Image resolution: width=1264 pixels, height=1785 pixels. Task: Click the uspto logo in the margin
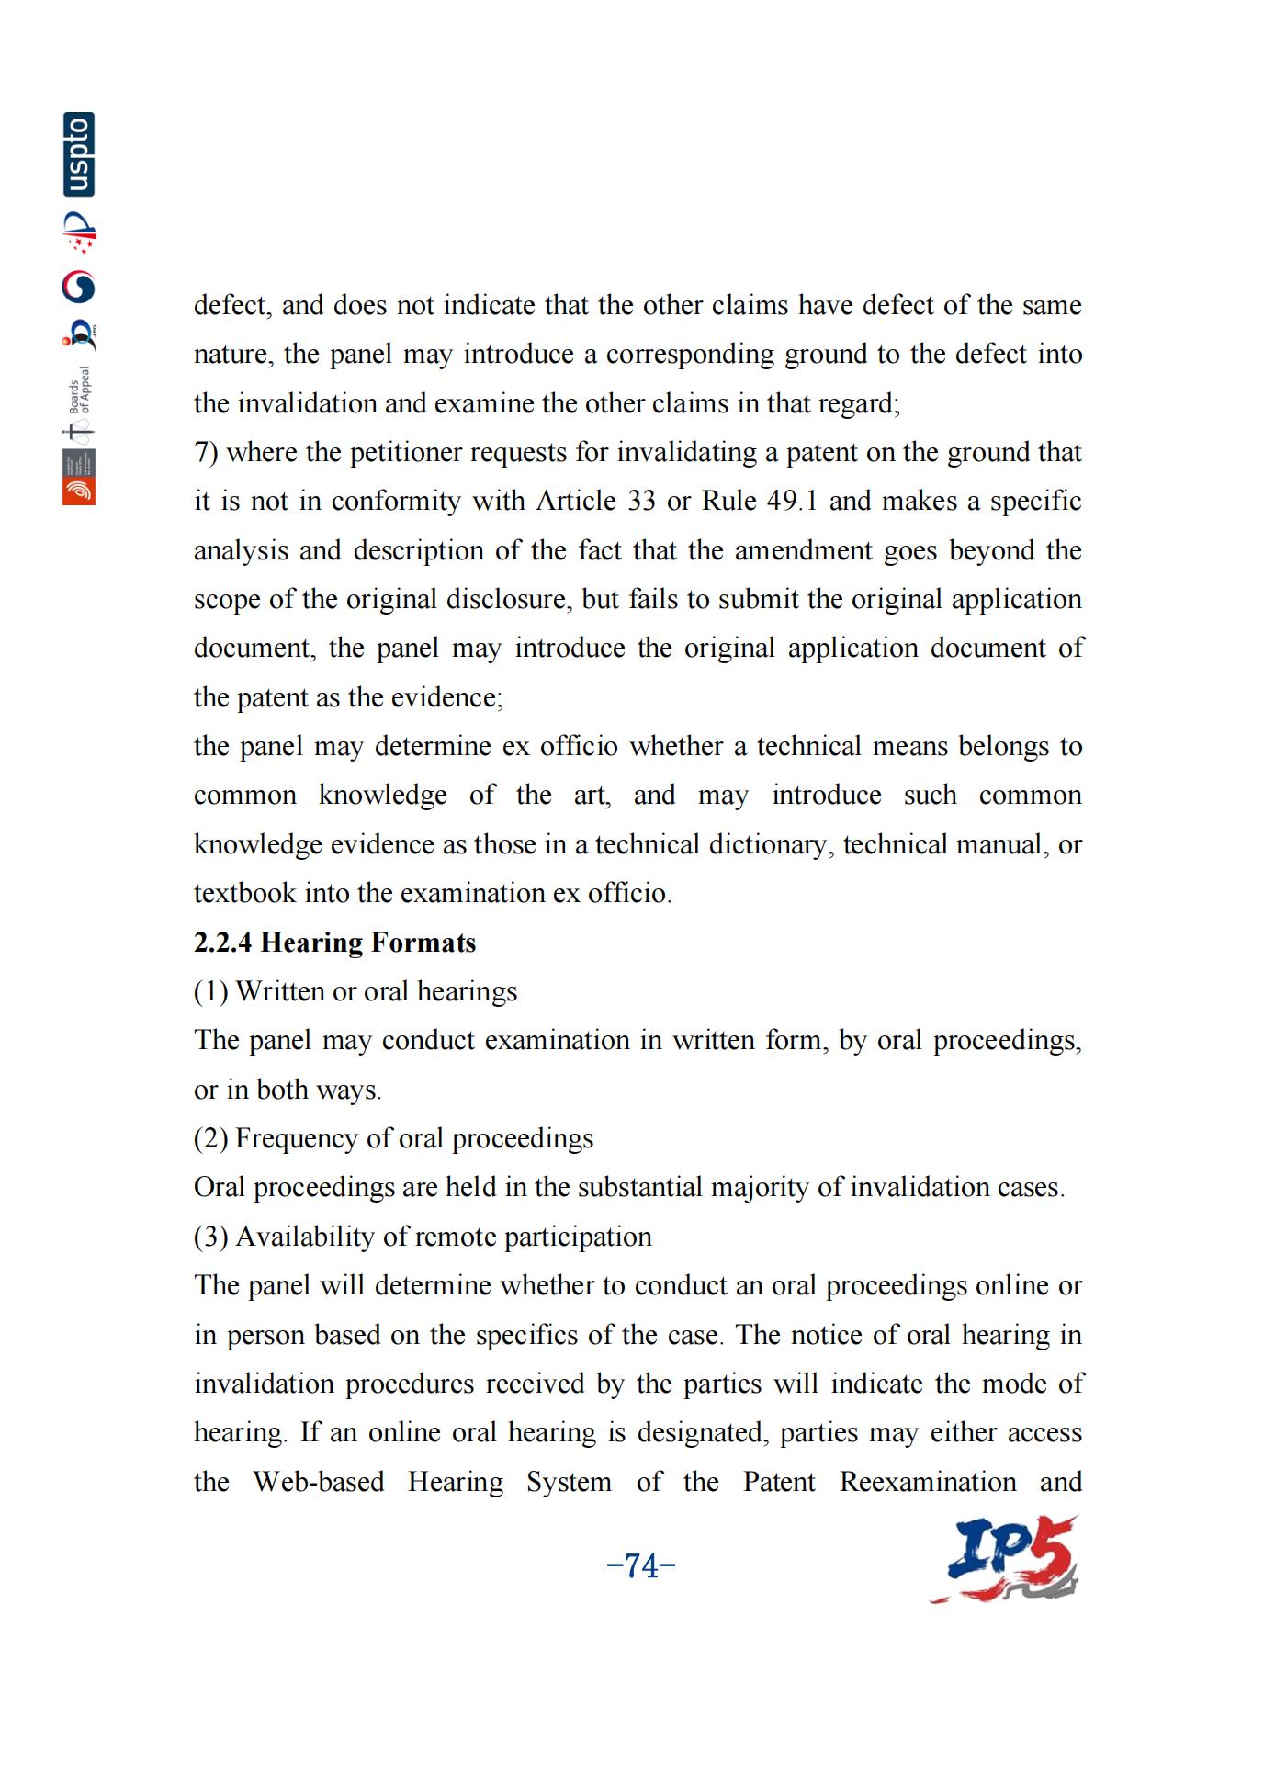tap(79, 154)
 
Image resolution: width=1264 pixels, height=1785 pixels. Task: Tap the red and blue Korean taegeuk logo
tap(79, 288)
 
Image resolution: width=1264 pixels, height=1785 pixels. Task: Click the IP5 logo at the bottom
tap(1006, 1560)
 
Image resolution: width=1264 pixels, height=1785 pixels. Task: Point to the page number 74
tap(641, 1565)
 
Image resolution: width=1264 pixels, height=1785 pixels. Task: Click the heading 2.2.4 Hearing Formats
tap(334, 943)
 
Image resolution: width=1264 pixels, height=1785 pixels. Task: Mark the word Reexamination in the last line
tap(928, 1482)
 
